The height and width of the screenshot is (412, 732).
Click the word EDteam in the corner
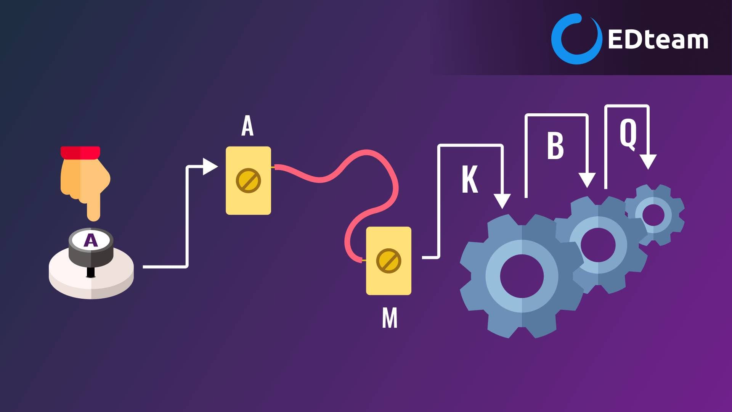coord(658,39)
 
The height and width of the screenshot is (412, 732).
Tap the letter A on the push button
coord(91,240)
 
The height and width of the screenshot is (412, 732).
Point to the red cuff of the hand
coord(80,153)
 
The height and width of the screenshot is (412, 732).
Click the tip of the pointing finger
coord(93,218)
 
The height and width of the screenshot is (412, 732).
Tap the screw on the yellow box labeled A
coord(248,180)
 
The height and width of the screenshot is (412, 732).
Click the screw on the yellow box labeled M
coord(388,261)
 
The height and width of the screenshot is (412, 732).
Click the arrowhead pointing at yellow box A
coord(210,167)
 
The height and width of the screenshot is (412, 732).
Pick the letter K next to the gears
coord(470,179)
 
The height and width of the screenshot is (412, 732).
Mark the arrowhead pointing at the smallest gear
coord(648,162)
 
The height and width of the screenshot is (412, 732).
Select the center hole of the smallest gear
coord(653,215)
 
